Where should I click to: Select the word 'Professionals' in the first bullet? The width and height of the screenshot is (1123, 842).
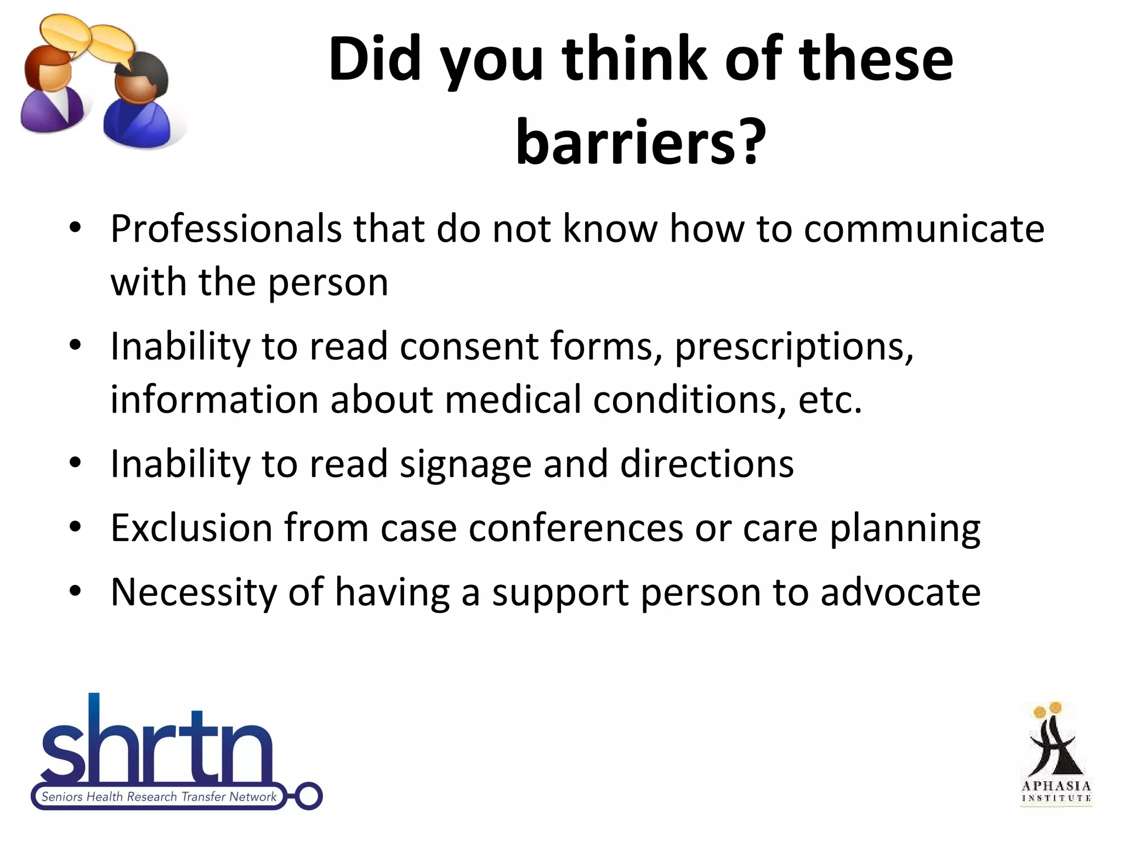click(226, 229)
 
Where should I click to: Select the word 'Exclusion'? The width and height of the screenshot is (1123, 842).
click(191, 528)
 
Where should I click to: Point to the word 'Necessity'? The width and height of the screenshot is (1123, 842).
click(194, 593)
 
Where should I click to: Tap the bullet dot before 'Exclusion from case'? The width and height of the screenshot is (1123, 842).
click(76, 528)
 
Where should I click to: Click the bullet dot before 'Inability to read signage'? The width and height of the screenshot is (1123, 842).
click(76, 464)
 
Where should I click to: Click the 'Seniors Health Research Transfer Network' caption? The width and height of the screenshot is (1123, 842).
click(159, 797)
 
